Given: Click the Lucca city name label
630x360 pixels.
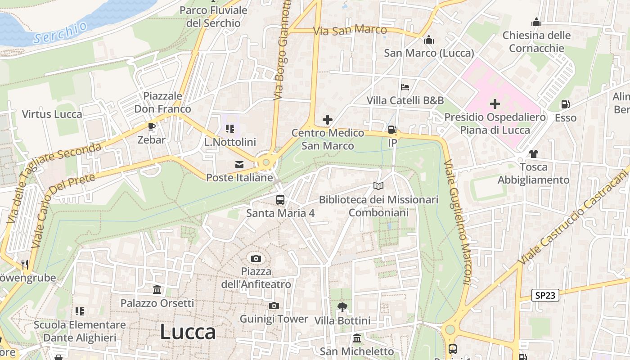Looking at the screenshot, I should pos(188,332).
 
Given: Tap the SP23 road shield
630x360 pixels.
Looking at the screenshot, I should pos(545,295).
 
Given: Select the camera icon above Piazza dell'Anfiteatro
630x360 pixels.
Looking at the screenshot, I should pos(256,258).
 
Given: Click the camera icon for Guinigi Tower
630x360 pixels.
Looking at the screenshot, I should pos(274,306).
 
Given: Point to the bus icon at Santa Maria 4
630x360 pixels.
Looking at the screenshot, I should pos(280,199).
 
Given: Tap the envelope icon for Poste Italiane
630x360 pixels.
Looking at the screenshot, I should pos(239,165).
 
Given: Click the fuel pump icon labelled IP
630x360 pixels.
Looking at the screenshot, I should pos(392,130).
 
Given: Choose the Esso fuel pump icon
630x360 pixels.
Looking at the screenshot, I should pos(565,105).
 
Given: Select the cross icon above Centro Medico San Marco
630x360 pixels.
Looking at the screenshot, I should pos(328,120).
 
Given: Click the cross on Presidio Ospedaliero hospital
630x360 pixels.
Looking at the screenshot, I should pos(495,104).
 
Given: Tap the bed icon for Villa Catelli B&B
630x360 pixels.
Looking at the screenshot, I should pos(405,87).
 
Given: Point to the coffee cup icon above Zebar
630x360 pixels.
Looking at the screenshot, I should pos(151,126).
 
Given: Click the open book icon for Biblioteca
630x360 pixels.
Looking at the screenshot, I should pos(378,186).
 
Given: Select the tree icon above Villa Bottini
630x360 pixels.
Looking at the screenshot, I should pos(342,307).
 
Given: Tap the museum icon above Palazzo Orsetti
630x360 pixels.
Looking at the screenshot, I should pos(157,289).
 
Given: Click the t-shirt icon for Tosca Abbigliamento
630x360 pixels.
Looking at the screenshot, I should pos(533,154).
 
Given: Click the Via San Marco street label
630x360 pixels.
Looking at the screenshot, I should pos(350,31).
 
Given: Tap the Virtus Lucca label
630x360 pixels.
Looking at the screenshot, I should pos(52,114).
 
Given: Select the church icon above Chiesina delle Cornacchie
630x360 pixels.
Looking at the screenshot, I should pos(536,22).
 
